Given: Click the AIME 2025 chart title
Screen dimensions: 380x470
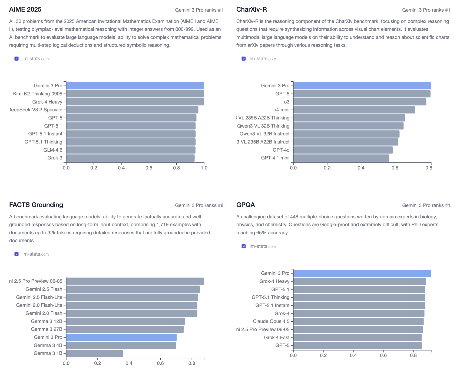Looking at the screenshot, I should tap(25, 9).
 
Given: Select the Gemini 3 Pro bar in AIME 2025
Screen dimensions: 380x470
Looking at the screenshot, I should tap(135, 86).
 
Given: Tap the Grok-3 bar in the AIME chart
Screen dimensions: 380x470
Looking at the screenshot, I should tap(130, 158).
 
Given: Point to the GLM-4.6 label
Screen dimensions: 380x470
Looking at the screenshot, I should tap(53, 150).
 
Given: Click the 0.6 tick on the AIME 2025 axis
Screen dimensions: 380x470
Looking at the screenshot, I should tap(149, 168).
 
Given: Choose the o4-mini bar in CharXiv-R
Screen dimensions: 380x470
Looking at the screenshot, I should tap(354, 110).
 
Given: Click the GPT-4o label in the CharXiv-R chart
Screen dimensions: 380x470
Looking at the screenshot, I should tap(281, 150).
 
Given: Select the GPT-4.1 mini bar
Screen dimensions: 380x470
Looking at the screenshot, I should tap(341, 158).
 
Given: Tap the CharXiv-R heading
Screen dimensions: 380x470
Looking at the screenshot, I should tap(251, 9).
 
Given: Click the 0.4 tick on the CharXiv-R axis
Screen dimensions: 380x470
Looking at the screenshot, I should tap(361, 168).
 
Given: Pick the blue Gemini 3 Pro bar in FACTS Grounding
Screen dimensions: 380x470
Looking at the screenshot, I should tap(121, 337).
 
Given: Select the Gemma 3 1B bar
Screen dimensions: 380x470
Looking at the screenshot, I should tap(94, 353).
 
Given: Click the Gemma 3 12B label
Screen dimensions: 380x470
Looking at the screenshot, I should tap(47, 321).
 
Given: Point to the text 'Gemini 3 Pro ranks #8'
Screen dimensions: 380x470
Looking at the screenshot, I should tap(199, 205).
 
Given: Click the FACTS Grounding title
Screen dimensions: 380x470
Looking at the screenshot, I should tap(36, 205).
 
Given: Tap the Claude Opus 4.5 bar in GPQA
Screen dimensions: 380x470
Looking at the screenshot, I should tap(358, 321).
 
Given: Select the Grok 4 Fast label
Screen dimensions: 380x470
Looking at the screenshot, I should tap(277, 338).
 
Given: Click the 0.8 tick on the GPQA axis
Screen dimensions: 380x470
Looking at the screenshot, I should tap(413, 355).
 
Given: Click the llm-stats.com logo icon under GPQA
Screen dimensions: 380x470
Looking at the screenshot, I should tap(244, 246).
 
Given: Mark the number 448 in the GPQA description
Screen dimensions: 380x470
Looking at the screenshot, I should tap(294, 217).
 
